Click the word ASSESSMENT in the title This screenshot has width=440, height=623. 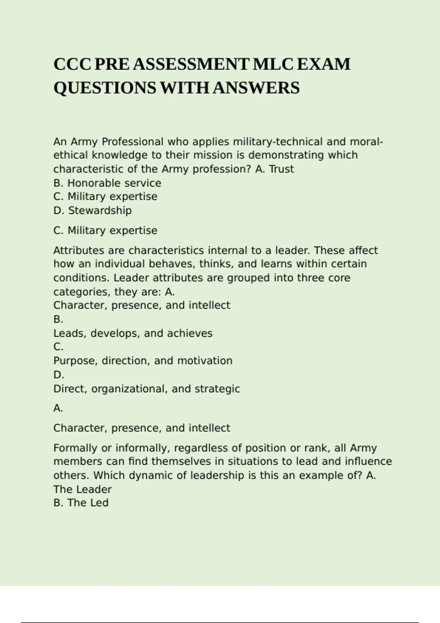click(190, 64)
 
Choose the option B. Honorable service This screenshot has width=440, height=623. click(107, 183)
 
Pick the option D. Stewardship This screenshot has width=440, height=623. click(92, 210)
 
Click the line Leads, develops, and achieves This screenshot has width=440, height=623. click(133, 333)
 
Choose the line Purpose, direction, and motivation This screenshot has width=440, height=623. click(143, 361)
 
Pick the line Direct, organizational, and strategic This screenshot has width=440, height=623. click(146, 389)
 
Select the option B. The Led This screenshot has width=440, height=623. click(81, 503)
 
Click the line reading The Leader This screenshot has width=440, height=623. click(82, 489)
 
